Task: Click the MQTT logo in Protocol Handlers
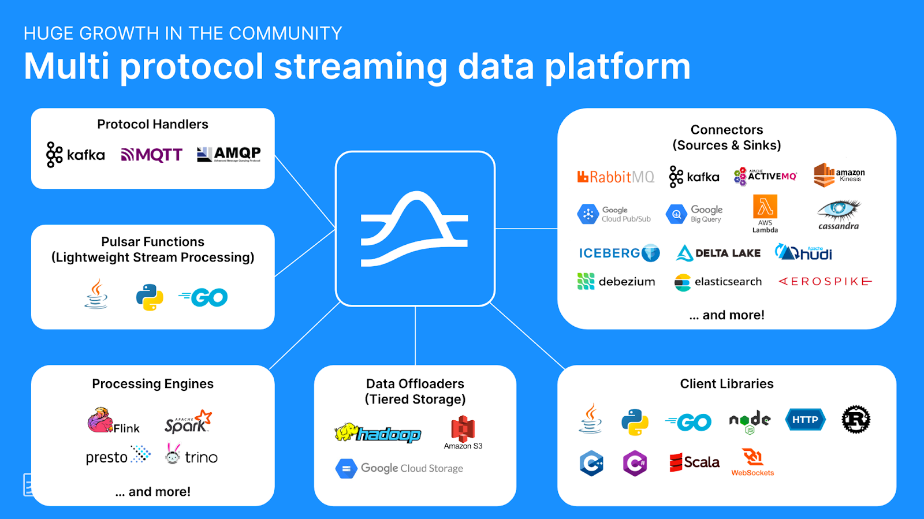pyautogui.click(x=152, y=155)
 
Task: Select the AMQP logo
pyautogui.click(x=229, y=154)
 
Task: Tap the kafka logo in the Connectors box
pyautogui.click(x=694, y=177)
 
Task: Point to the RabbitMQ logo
pyautogui.click(x=616, y=177)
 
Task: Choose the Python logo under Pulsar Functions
pyautogui.click(x=150, y=297)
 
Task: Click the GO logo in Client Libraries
pyautogui.click(x=688, y=422)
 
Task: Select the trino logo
pyautogui.click(x=191, y=455)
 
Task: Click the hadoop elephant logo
pyautogui.click(x=378, y=433)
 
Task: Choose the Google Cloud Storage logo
pyautogui.click(x=399, y=468)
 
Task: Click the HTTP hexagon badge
pyautogui.click(x=805, y=420)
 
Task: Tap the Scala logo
pyautogui.click(x=694, y=462)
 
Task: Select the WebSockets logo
pyautogui.click(x=752, y=462)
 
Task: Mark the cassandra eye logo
pyautogui.click(x=839, y=214)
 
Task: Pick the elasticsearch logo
pyautogui.click(x=718, y=282)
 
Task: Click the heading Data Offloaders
pyautogui.click(x=415, y=384)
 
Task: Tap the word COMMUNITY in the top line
pyautogui.click(x=285, y=33)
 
